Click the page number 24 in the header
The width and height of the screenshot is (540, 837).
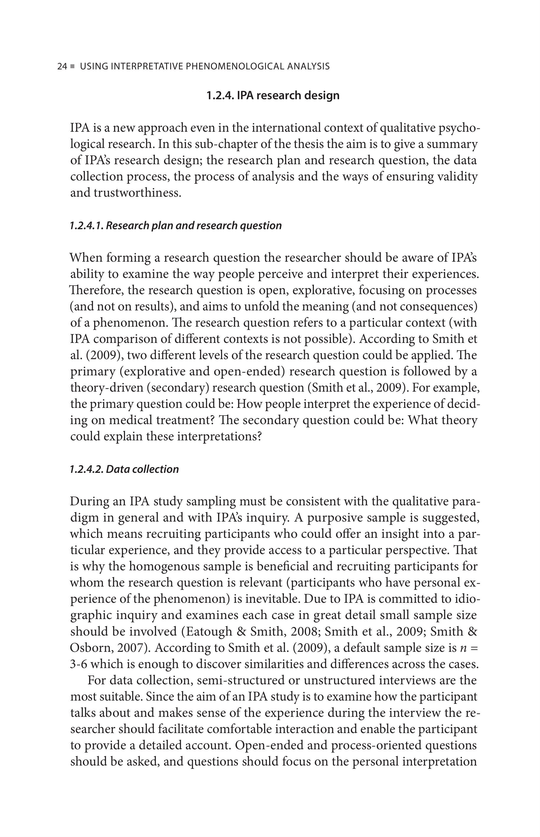click(62, 66)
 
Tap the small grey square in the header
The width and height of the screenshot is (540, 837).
click(72, 66)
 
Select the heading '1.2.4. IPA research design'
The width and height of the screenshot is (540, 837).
click(273, 95)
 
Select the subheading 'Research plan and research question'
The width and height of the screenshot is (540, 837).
click(194, 225)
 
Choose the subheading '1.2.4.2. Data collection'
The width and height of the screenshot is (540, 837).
click(125, 469)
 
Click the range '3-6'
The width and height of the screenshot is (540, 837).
click(78, 664)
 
